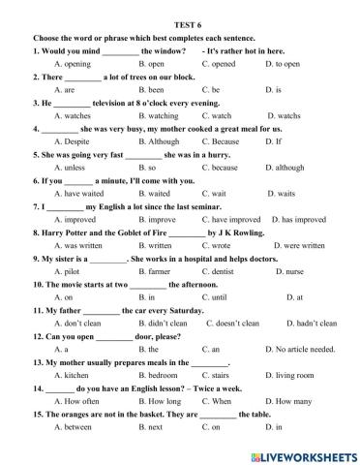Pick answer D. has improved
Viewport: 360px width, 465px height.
[x=298, y=219]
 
